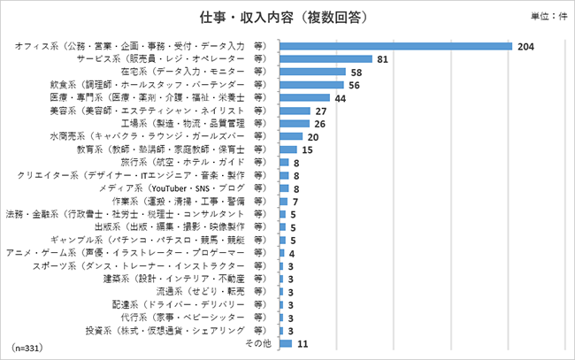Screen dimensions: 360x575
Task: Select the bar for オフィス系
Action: point(396,46)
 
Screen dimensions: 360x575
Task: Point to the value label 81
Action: point(382,59)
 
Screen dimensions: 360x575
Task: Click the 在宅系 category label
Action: point(195,72)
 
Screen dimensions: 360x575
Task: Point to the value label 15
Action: point(308,150)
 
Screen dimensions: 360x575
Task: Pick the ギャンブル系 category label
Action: point(153,241)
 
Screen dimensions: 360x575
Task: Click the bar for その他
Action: point(286,343)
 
